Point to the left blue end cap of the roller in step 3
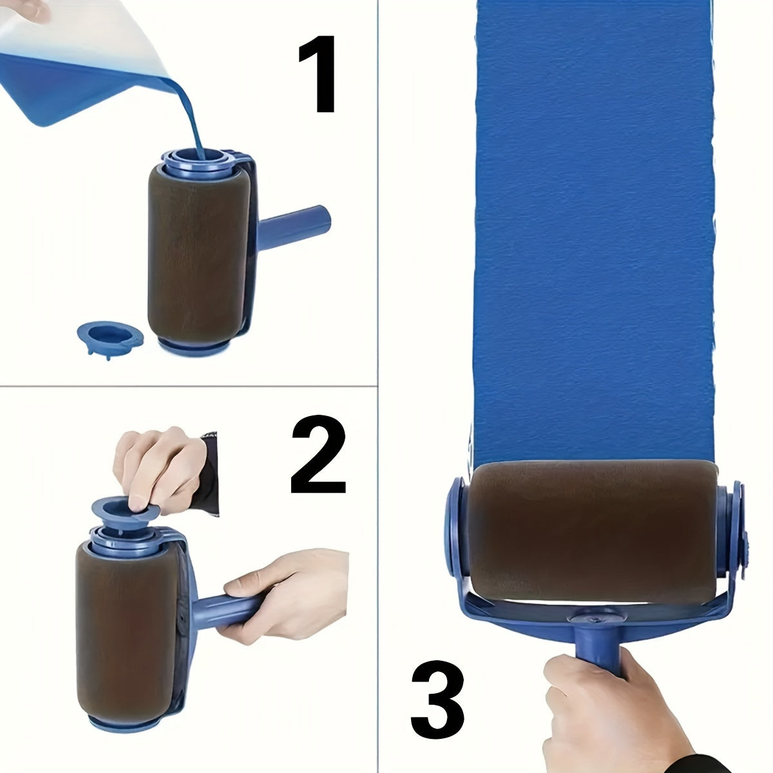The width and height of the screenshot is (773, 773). pyautogui.click(x=458, y=525)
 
